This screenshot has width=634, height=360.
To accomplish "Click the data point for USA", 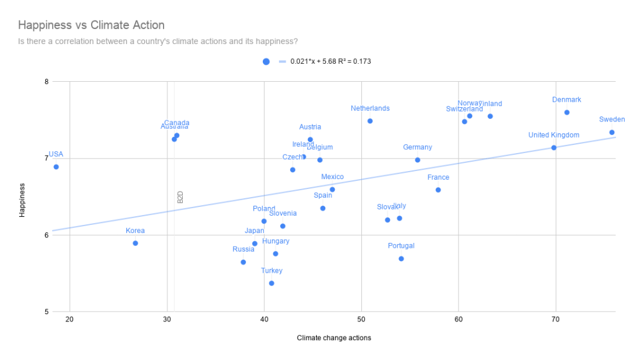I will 56,167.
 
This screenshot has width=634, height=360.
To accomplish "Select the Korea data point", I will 135,243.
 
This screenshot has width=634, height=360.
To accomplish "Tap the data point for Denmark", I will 566,112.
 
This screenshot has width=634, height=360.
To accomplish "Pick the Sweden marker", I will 612,132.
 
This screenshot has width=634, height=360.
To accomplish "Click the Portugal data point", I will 401,258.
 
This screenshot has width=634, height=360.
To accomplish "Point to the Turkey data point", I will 271,283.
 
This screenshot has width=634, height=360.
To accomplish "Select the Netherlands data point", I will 370,121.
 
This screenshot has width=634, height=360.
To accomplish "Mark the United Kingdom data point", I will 553,147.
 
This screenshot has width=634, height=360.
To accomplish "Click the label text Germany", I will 417,147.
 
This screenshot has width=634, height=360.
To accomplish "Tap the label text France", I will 438,178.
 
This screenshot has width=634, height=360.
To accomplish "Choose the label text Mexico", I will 332,177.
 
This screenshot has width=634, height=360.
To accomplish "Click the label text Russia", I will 244,250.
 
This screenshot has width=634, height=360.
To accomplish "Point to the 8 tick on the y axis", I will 46,81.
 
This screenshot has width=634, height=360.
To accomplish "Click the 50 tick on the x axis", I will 361,320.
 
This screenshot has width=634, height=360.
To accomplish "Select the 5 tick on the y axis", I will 46,312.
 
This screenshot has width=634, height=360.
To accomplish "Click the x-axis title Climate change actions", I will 333,338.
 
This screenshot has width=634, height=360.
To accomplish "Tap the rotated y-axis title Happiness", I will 22,200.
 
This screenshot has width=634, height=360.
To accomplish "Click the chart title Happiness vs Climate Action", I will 91,25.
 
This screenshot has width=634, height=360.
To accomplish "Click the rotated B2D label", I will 180,197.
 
